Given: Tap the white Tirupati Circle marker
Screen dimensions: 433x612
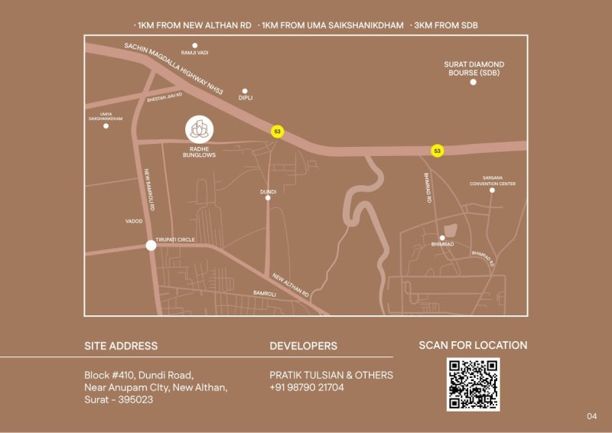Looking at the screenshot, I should pyautogui.click(x=151, y=246).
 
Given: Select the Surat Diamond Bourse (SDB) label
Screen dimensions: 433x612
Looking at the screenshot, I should pyautogui.click(x=474, y=68).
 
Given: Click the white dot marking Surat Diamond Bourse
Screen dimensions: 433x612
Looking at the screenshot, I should pyautogui.click(x=473, y=81).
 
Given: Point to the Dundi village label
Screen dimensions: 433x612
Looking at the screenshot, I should pyautogui.click(x=268, y=190).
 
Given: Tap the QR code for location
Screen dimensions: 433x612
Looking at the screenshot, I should pyautogui.click(x=473, y=384).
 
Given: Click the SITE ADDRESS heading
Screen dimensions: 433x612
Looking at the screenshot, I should pyautogui.click(x=121, y=346).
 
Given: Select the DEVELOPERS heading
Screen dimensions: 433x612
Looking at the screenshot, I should pyautogui.click(x=303, y=346).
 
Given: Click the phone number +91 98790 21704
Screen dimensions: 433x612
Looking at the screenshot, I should pyautogui.click(x=307, y=387).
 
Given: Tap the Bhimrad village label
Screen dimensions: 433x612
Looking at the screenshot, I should pyautogui.click(x=442, y=244).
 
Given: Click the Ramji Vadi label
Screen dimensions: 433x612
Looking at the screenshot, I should pyautogui.click(x=194, y=53).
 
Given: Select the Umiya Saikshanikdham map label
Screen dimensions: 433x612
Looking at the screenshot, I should pyautogui.click(x=106, y=116).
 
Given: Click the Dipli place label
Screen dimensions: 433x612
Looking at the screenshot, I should pyautogui.click(x=246, y=98).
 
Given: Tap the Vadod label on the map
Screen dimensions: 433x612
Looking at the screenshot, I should pyautogui.click(x=134, y=221).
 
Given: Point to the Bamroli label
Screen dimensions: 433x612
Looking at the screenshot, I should pyautogui.click(x=264, y=293).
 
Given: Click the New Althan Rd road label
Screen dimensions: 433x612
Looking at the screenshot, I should pyautogui.click(x=290, y=286).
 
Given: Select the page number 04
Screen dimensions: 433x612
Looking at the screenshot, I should pyautogui.click(x=591, y=416).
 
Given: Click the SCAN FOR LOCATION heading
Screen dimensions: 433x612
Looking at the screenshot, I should pyautogui.click(x=473, y=345).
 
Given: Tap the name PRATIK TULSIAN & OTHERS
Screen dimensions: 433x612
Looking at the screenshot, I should pyautogui.click(x=331, y=375).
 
